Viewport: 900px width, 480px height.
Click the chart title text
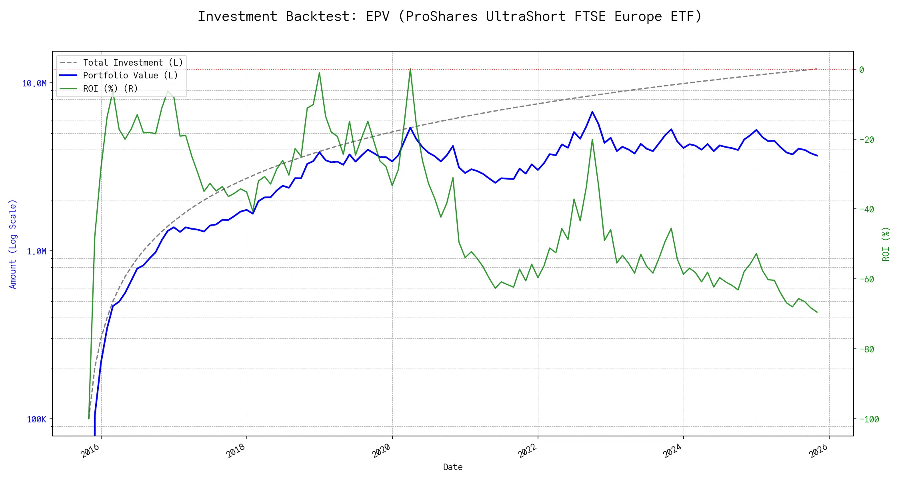[x=450, y=16]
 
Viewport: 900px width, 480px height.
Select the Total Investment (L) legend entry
[x=132, y=63]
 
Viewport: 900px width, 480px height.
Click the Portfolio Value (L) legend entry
[x=130, y=76]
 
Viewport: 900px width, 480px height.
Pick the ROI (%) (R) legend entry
[x=110, y=88]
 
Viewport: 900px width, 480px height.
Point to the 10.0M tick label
[x=34, y=83]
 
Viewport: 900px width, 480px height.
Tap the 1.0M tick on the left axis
[x=36, y=251]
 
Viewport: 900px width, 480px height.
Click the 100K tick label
[x=36, y=419]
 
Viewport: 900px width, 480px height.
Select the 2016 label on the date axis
[x=90, y=451]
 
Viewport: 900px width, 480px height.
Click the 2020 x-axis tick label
[x=381, y=451]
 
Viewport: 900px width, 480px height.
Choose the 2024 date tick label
[x=672, y=451]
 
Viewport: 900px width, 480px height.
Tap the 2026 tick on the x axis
[x=818, y=451]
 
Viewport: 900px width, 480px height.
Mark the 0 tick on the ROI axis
[x=862, y=70]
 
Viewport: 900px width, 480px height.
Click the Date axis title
[x=453, y=467]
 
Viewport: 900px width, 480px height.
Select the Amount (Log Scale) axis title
[x=13, y=244]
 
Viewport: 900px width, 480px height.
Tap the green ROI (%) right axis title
[x=886, y=244]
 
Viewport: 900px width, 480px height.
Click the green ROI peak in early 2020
[x=410, y=69]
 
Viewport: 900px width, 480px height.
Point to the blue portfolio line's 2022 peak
[x=592, y=112]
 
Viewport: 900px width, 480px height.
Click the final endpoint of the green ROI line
[x=817, y=312]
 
